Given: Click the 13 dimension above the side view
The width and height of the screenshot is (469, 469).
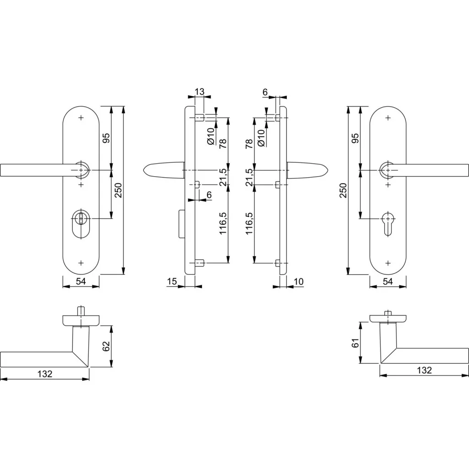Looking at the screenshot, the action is tap(199, 92).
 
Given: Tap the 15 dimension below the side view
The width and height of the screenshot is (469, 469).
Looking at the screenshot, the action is tap(172, 282).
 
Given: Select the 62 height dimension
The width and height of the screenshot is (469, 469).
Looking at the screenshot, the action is tap(106, 346).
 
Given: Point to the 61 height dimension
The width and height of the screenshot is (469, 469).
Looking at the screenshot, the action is tap(355, 343).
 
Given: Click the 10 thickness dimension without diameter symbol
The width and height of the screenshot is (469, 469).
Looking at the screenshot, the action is tap(299, 282).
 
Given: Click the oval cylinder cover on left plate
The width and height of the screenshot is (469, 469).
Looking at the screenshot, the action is tap(81, 221).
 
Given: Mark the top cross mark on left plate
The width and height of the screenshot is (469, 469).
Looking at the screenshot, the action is tap(81, 118).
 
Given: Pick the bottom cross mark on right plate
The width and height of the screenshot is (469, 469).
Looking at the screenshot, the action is tap(387, 263).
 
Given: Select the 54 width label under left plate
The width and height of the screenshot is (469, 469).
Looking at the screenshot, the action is tap(81, 282).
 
